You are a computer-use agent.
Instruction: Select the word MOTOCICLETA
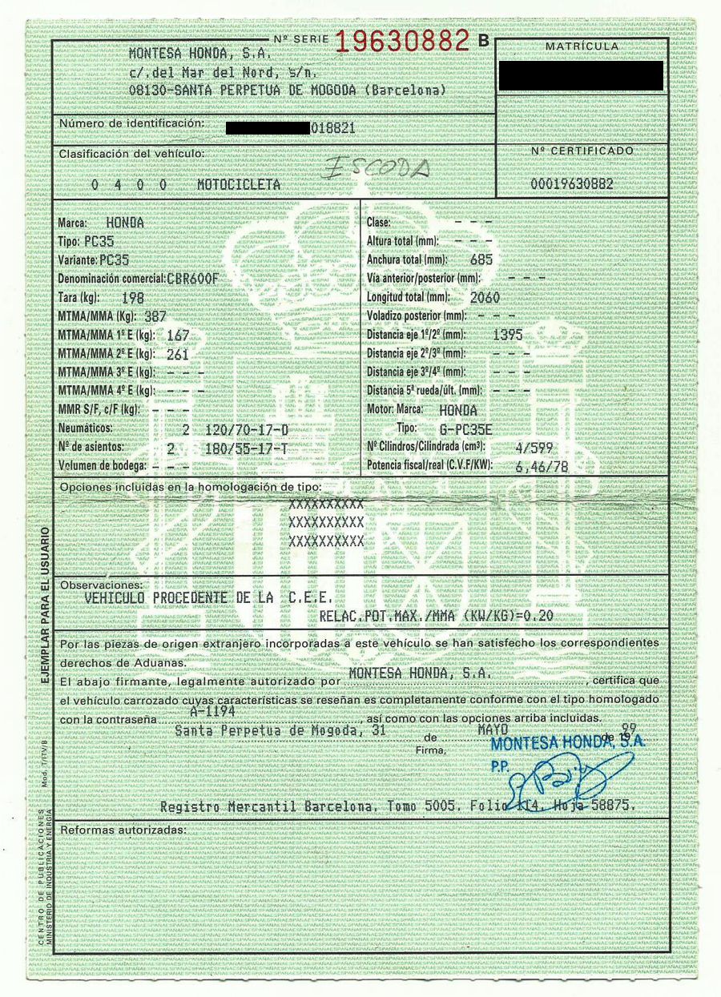pos(239,184)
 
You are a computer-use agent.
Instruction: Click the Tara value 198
pos(132,298)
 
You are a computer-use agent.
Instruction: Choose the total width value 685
pos(481,259)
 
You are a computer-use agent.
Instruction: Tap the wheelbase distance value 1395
pos(510,334)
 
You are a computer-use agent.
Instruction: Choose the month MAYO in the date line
pos(493,730)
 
